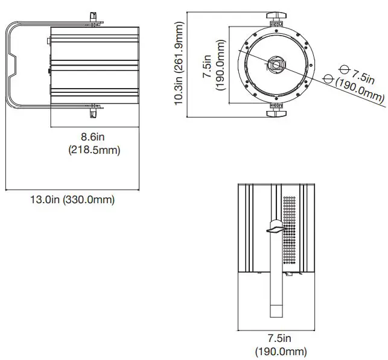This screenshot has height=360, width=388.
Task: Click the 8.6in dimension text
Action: point(94,137)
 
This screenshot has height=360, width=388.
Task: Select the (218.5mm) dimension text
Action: point(94,150)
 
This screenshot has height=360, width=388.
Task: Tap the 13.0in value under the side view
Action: point(46,200)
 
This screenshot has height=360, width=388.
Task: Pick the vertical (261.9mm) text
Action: point(179,39)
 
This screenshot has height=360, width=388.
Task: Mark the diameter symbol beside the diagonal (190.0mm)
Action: point(329,79)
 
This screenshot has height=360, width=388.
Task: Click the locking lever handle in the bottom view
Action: point(276,229)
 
